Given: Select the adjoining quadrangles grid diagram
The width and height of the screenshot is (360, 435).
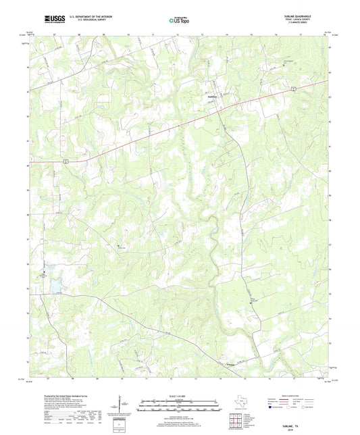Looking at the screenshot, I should [236, 420].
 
